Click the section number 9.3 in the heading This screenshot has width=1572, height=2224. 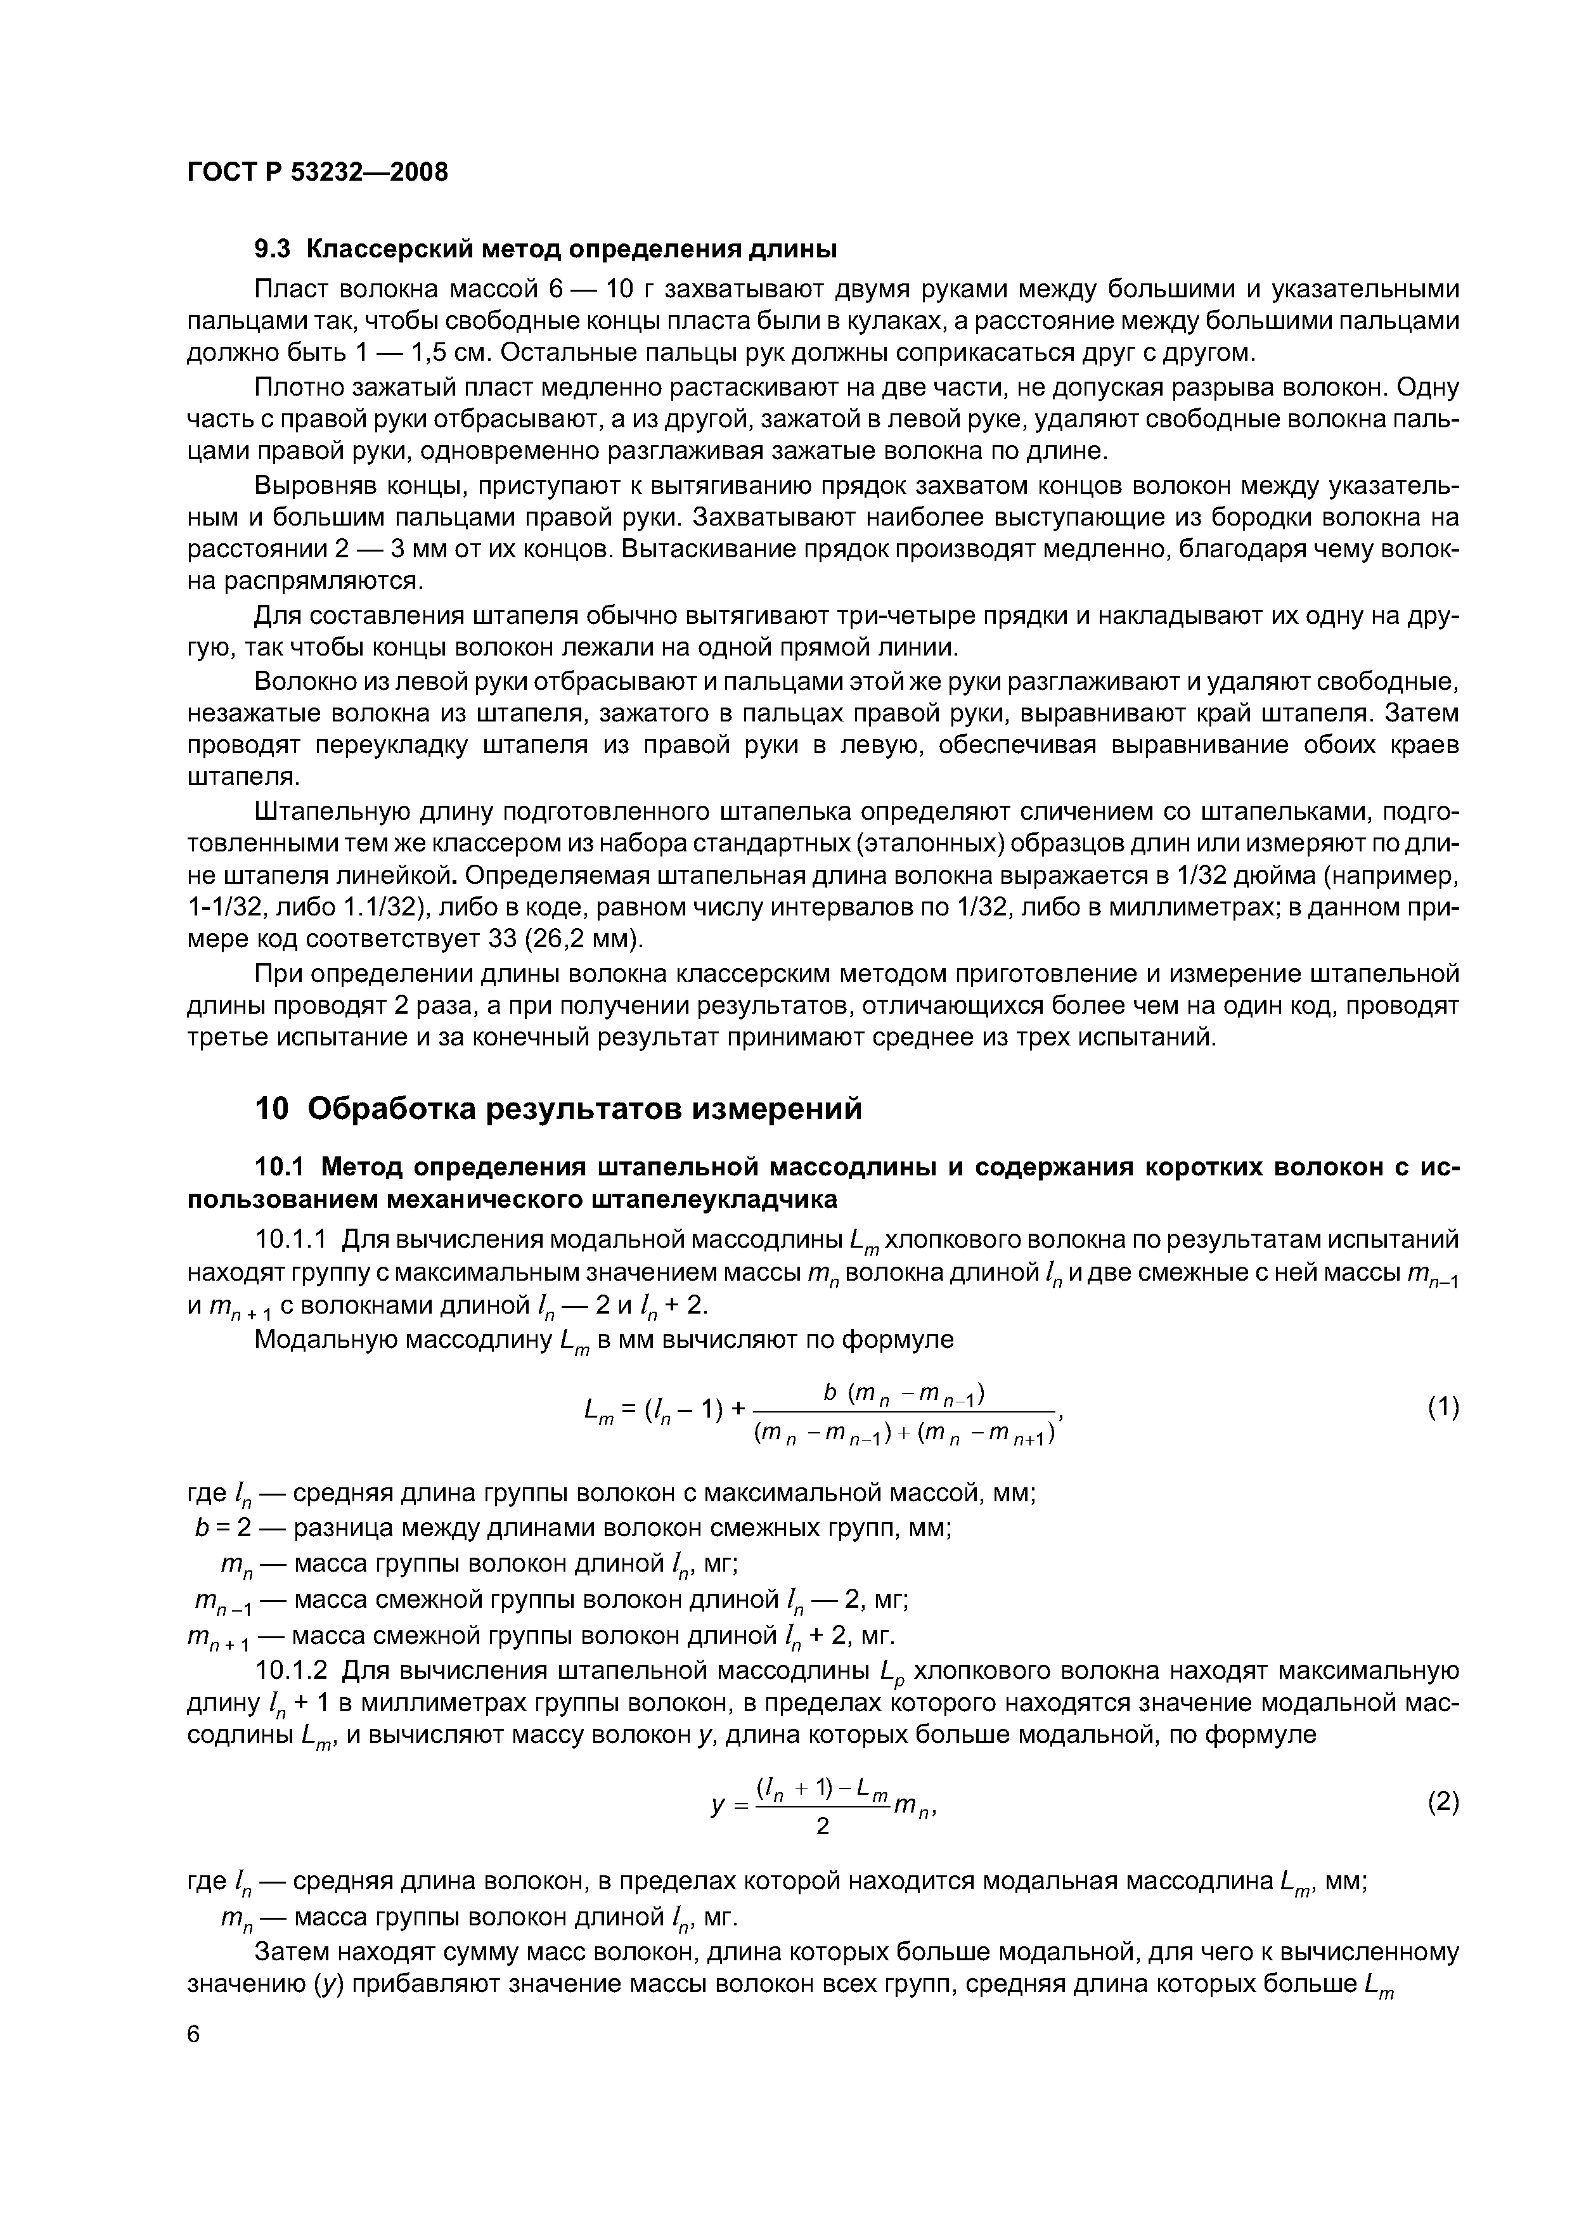click(272, 249)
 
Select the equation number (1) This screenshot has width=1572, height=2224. click(1442, 1407)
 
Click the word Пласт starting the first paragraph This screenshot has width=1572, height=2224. click(290, 290)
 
